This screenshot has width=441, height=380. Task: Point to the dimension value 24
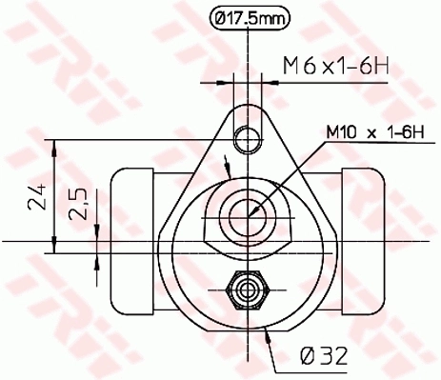coord(35,197)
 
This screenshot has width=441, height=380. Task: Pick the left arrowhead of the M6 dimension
coord(235,80)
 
